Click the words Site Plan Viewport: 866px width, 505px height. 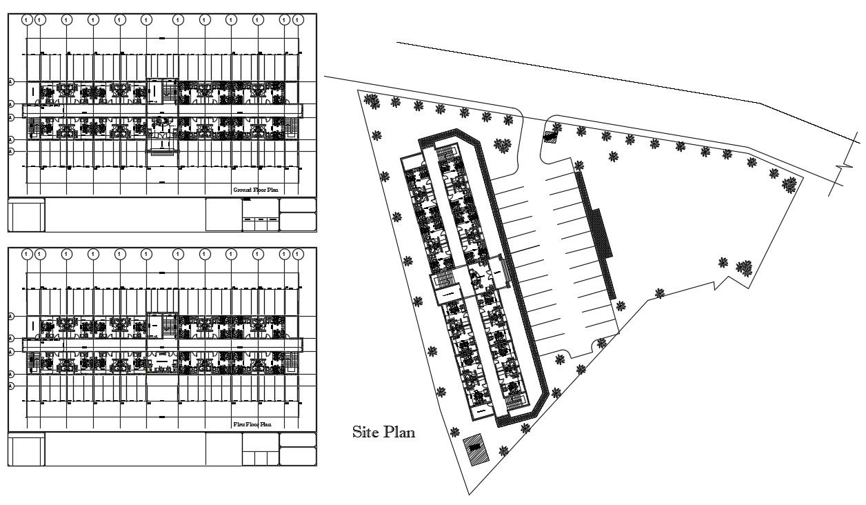383,433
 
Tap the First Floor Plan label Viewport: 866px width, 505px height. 252,424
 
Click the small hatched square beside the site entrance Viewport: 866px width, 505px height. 550,137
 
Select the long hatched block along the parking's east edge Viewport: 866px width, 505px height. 597,235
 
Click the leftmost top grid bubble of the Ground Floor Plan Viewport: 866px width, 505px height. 26,19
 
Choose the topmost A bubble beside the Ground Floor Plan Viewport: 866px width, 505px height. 11,81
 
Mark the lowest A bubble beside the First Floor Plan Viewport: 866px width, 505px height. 11,386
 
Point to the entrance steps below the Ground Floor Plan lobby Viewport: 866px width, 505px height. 163,145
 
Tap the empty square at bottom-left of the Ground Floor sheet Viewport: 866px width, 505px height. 26,215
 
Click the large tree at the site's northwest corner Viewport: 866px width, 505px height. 372,101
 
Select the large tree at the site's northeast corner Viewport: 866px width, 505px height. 789,184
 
